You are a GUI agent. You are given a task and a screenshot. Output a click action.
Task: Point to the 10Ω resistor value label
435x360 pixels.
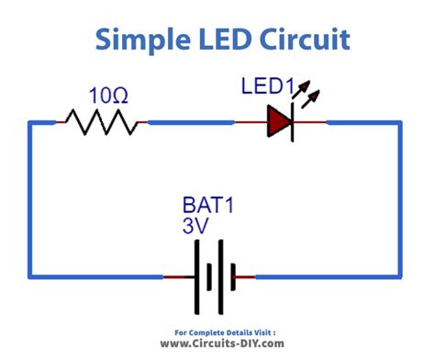coord(108,95)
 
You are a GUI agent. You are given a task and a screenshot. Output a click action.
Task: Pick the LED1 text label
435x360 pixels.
coord(266,88)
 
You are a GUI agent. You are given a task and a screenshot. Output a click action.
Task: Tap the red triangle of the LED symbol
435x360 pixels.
coord(278,120)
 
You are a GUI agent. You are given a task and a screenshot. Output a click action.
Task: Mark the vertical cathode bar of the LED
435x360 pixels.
coord(291,120)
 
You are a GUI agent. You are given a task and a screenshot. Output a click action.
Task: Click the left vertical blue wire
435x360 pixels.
coord(30,197)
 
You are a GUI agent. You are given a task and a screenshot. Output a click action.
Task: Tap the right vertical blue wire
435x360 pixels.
coord(400,197)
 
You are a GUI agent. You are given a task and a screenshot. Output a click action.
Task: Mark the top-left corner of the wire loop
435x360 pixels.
coord(30,120)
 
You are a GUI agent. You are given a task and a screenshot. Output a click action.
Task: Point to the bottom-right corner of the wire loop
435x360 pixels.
coord(400,275)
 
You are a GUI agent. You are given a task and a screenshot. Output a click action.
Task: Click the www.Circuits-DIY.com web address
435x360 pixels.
coord(217,343)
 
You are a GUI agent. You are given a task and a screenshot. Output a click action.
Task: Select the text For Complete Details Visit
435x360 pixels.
coord(217,330)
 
